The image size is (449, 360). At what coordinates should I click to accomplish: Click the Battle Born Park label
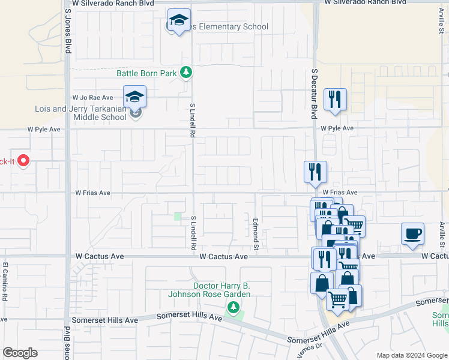(x=146, y=73)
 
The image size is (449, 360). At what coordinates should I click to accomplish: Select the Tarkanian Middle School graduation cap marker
(x=135, y=97)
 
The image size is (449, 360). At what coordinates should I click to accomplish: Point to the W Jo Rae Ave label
(x=92, y=97)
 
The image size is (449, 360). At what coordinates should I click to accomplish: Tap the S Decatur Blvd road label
(x=313, y=93)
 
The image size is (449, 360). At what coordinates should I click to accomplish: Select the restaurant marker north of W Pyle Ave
(x=335, y=100)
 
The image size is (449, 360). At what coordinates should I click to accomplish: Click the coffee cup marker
(x=413, y=234)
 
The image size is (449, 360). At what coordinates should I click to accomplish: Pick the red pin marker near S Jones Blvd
(x=23, y=160)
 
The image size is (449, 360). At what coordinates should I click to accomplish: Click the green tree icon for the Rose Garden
(x=233, y=308)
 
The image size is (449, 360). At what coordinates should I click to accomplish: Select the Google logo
(x=20, y=353)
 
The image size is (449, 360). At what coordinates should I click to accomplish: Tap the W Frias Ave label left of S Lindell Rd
(x=92, y=193)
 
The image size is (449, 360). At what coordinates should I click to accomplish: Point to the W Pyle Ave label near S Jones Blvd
(x=44, y=129)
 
